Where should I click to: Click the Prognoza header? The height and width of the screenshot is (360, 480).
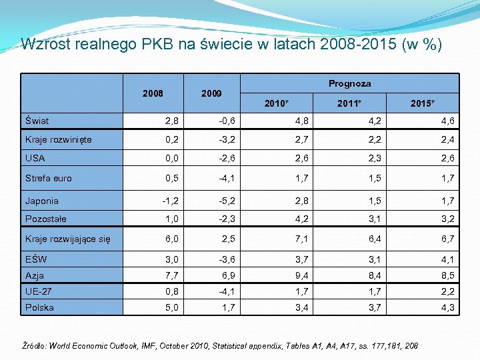point(349,83)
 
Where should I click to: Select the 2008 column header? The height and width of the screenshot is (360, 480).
point(153,93)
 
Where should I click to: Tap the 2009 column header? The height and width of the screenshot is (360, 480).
point(211,93)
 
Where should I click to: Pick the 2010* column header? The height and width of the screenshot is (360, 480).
point(277,104)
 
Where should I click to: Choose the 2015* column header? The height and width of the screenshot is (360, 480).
point(423,104)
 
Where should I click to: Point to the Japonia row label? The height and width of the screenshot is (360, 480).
point(41,201)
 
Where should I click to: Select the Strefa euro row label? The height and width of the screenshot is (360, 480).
point(48,178)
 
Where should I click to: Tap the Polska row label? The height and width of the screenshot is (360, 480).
point(39,307)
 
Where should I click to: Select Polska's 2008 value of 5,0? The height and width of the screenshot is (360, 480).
point(171,307)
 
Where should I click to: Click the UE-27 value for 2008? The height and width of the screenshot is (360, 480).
point(171,291)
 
